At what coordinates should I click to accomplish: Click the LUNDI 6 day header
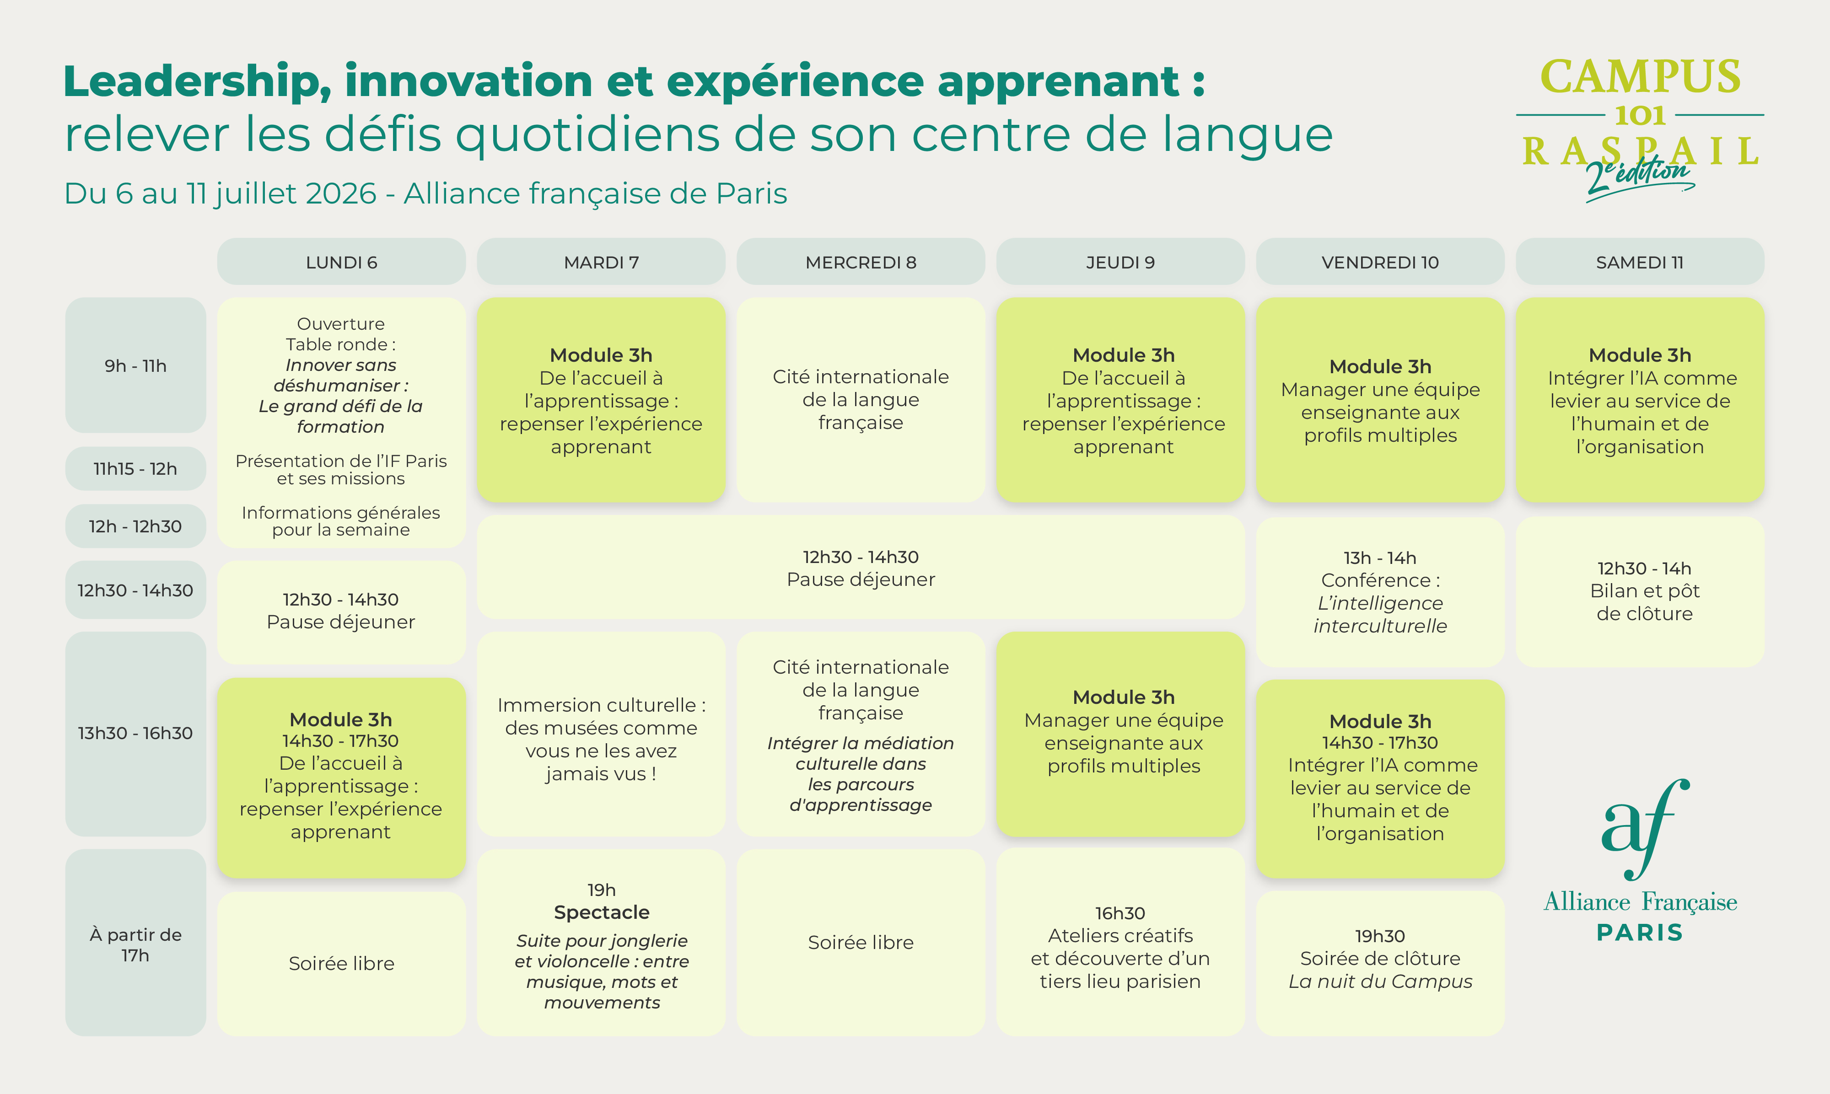click(x=341, y=262)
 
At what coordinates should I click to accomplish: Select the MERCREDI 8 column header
click(x=861, y=262)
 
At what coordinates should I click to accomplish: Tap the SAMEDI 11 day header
click(x=1640, y=262)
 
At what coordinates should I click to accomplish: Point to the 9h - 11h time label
click(x=136, y=365)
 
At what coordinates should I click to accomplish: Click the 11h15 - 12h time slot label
click(x=136, y=468)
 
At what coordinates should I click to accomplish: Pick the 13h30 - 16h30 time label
click(x=136, y=733)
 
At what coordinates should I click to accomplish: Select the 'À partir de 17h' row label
click(x=136, y=944)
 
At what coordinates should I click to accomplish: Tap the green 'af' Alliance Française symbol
click(x=1645, y=829)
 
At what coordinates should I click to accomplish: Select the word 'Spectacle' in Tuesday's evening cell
click(x=602, y=912)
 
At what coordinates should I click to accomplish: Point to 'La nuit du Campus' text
click(x=1380, y=981)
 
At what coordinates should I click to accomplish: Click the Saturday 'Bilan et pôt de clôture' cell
click(x=1640, y=591)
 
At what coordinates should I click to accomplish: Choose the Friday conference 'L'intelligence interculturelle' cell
click(x=1380, y=591)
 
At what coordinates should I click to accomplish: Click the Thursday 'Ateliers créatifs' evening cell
click(x=1120, y=942)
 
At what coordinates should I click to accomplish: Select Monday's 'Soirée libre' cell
click(x=341, y=964)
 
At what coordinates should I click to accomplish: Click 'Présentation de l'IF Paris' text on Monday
click(x=341, y=461)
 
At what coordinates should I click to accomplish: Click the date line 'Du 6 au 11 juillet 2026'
click(x=221, y=193)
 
